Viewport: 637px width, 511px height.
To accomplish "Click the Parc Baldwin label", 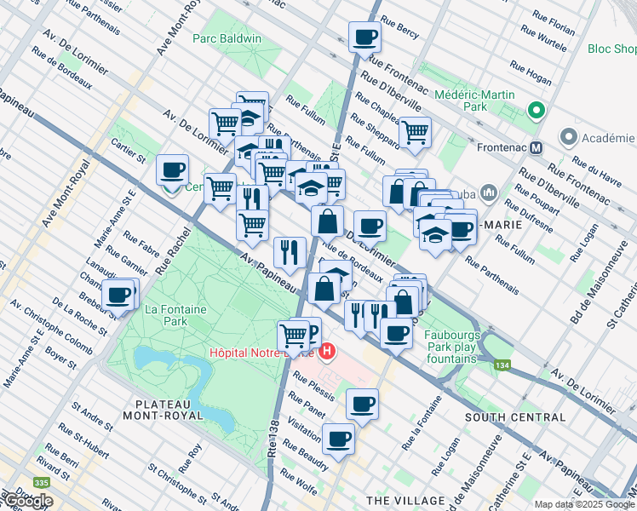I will point(227,38).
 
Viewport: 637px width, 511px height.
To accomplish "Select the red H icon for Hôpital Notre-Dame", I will point(327,351).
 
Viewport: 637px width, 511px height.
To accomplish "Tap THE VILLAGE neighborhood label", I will point(405,499).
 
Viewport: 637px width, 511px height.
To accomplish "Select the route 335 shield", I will point(42,482).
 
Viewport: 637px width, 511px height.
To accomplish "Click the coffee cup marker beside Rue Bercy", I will point(364,37).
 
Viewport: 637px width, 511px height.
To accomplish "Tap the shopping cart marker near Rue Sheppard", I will point(415,133).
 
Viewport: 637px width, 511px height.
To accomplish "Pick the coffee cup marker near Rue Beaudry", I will point(339,439).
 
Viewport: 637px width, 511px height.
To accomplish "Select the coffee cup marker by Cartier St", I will point(173,170).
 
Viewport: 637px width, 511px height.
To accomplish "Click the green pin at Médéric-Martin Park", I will point(536,110).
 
